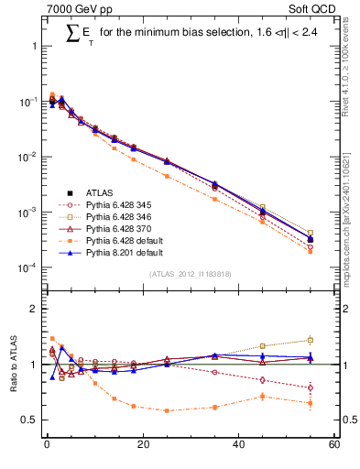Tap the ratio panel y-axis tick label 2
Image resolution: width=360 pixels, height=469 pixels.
click(34, 309)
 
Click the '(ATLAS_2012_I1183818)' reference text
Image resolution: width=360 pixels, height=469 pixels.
click(190, 274)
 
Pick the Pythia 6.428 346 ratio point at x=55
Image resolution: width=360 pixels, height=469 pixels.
click(311, 340)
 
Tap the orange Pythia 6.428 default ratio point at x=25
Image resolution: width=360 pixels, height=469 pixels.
click(167, 410)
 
